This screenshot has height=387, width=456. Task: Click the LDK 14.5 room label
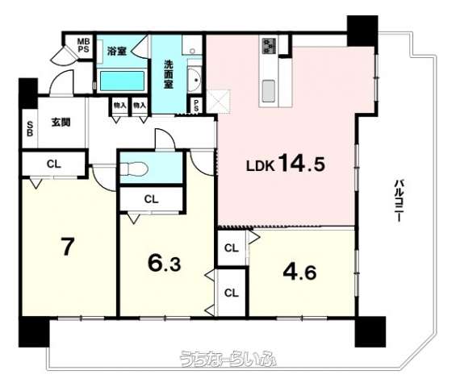(286, 164)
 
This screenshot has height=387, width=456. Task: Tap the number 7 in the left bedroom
(67, 247)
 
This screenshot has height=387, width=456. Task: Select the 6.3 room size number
(165, 263)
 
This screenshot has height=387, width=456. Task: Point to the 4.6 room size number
(299, 272)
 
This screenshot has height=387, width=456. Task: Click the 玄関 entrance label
(61, 123)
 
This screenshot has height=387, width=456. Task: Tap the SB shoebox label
(30, 129)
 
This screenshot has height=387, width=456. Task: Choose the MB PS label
(83, 45)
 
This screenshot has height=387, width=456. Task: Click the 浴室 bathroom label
(116, 51)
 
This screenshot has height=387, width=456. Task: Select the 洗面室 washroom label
(169, 74)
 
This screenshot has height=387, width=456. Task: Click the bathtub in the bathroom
(122, 81)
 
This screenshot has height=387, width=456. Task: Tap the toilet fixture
(134, 169)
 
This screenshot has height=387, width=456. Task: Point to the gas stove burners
(270, 46)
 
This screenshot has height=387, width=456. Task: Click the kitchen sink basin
(269, 91)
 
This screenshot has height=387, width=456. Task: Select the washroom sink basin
(194, 80)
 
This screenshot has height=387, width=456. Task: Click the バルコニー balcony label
(399, 201)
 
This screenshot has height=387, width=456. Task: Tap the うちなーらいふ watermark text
(228, 359)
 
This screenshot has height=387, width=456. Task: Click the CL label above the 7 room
(54, 164)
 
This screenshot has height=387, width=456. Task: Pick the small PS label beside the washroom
(197, 105)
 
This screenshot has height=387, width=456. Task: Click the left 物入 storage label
(119, 105)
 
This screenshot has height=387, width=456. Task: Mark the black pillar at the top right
(362, 31)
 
